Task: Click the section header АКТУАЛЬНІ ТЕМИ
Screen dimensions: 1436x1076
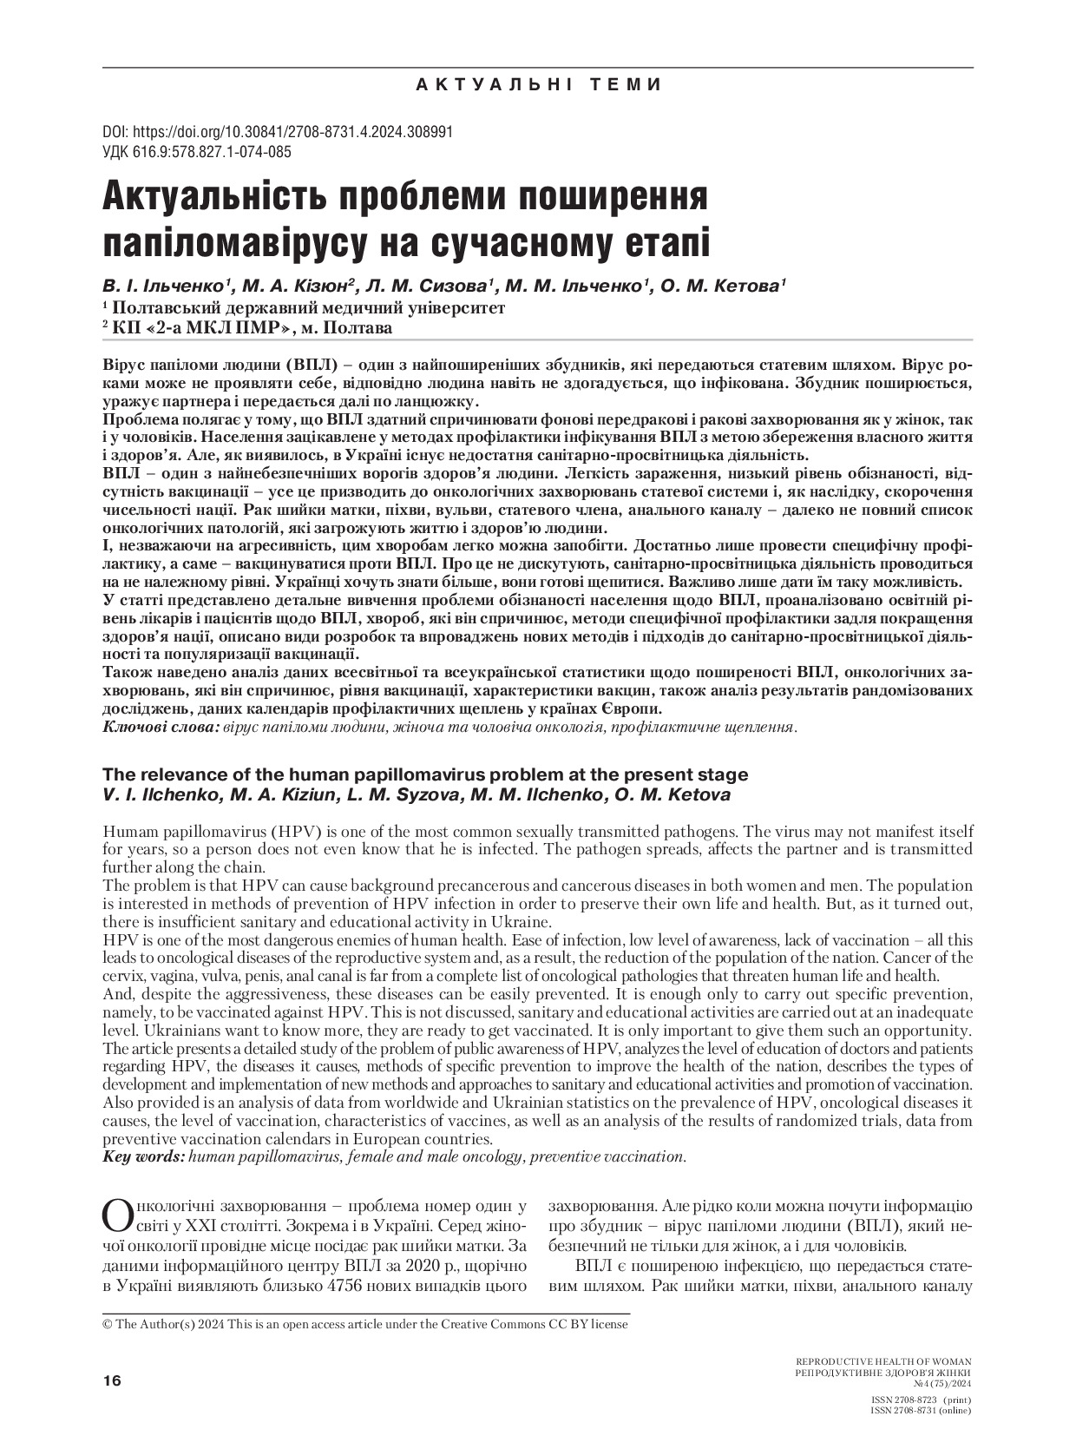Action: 538,84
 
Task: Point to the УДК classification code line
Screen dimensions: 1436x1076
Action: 197,152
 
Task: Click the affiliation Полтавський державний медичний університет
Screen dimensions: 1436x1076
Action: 308,307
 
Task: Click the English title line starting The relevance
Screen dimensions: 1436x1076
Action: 425,774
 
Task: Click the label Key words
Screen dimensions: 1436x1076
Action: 143,1156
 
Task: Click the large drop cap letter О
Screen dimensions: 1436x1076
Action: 118,1215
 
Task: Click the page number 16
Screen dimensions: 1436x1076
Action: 112,1380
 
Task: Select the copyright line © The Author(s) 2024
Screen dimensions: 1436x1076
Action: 364,1324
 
